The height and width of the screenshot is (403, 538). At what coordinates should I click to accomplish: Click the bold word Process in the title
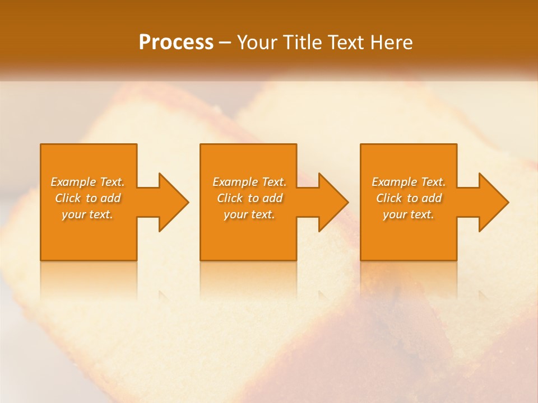(176, 43)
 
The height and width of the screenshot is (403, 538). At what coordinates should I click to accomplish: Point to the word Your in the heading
(257, 43)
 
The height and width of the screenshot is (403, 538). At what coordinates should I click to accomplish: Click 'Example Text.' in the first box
(87, 182)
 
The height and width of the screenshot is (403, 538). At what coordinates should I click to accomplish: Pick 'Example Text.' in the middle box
(249, 182)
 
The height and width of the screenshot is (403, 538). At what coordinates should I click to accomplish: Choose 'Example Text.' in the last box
(409, 182)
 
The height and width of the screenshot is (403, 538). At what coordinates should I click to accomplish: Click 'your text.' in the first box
(87, 214)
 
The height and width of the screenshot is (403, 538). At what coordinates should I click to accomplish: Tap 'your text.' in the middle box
(249, 214)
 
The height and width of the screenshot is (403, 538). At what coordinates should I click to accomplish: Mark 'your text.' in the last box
(409, 214)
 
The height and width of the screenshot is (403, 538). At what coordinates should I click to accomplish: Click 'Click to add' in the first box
(87, 198)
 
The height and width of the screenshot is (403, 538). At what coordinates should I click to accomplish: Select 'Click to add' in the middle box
(249, 198)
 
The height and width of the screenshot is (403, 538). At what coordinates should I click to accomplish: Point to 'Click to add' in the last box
(409, 198)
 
